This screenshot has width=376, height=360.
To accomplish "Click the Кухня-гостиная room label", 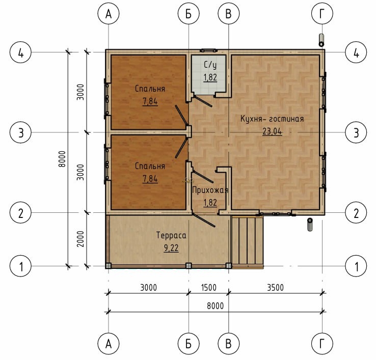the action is (x=272, y=119).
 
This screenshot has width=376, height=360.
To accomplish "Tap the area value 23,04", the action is (x=272, y=131).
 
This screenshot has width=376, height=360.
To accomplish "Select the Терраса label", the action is (x=171, y=235).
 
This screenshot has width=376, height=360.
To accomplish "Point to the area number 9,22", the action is (x=171, y=248).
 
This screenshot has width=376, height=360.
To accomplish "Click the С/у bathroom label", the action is (x=210, y=65).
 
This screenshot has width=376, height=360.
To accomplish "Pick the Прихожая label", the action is (x=210, y=190).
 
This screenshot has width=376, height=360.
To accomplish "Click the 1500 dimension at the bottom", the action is (x=208, y=287).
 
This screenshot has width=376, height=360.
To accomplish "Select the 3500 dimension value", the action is (x=275, y=287).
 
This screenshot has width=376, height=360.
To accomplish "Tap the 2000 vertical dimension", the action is (x=80, y=239).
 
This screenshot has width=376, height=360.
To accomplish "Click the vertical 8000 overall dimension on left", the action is (x=62, y=159).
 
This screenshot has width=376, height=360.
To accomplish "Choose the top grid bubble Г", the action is (x=322, y=14).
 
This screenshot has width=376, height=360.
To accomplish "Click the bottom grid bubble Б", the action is (x=189, y=344).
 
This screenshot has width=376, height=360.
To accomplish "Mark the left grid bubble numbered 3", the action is (x=20, y=132).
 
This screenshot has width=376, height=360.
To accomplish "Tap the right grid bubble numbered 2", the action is (x=356, y=213).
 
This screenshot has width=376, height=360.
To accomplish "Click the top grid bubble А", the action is (x=109, y=14).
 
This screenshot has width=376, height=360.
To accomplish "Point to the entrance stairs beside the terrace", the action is (x=247, y=241).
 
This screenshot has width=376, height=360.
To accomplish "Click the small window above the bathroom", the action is (x=208, y=50).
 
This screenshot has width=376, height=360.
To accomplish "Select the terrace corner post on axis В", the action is (x=229, y=266).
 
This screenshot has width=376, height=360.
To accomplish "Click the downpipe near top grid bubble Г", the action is (x=321, y=40).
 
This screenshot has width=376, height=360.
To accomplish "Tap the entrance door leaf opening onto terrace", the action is (x=204, y=220).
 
